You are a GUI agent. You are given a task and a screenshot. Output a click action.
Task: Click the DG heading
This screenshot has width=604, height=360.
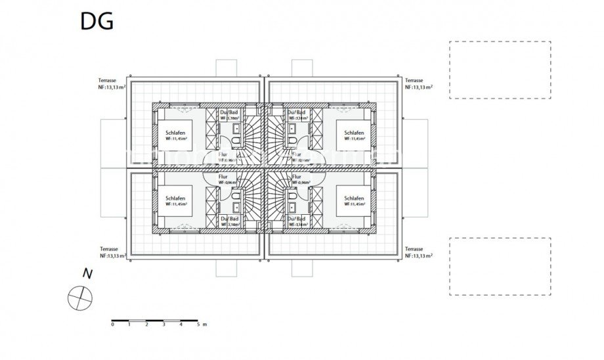(97, 21)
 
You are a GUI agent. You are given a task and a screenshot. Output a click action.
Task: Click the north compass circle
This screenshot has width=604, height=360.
(80, 298)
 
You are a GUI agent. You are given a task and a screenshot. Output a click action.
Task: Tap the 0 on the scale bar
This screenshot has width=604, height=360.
(112, 325)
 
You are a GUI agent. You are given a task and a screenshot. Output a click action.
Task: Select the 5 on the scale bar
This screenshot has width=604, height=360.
(198, 325)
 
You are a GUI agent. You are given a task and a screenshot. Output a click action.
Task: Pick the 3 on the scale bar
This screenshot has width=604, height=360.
(163, 325)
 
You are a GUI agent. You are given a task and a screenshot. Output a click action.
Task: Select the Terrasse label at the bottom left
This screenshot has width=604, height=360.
(108, 250)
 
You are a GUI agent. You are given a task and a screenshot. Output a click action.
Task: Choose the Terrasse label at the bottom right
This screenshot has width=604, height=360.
(414, 250)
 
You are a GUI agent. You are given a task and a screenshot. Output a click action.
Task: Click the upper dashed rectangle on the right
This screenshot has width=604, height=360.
(500, 70)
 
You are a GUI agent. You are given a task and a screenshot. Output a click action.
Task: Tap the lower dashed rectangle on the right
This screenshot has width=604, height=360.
(500, 266)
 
